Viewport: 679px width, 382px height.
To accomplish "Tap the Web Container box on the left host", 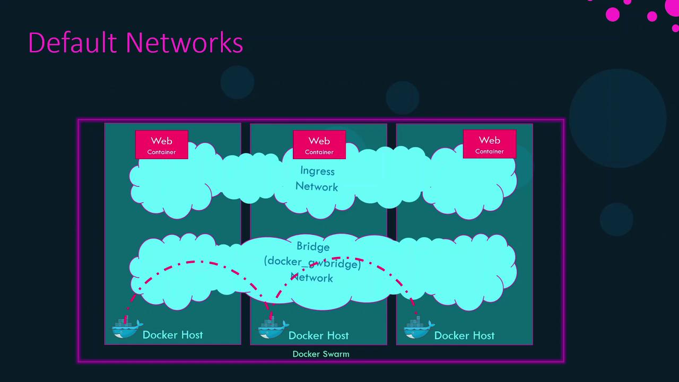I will pyautogui.click(x=162, y=144).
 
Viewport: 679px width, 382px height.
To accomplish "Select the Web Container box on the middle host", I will pyautogui.click(x=319, y=145).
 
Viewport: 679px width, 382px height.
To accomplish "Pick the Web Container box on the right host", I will pyautogui.click(x=489, y=144).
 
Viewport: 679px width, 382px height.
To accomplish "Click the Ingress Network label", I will pyautogui.click(x=317, y=179).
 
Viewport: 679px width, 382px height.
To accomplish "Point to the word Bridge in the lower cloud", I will pyautogui.click(x=313, y=247).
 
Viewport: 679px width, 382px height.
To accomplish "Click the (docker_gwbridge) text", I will pyautogui.click(x=312, y=262).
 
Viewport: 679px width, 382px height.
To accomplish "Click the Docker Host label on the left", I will pyautogui.click(x=172, y=335).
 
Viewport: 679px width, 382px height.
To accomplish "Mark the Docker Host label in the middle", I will pyautogui.click(x=318, y=335).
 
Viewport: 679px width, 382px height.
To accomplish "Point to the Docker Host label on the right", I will pyautogui.click(x=464, y=335).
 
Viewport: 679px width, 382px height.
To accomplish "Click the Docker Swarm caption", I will pyautogui.click(x=321, y=354).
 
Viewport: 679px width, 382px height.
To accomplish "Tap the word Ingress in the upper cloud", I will pyautogui.click(x=317, y=171).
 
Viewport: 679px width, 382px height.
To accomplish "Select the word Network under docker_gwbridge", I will pyautogui.click(x=312, y=277).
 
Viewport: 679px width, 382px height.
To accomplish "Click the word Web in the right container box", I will pyautogui.click(x=489, y=140).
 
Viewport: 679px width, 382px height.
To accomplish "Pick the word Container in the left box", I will pyautogui.click(x=162, y=152).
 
